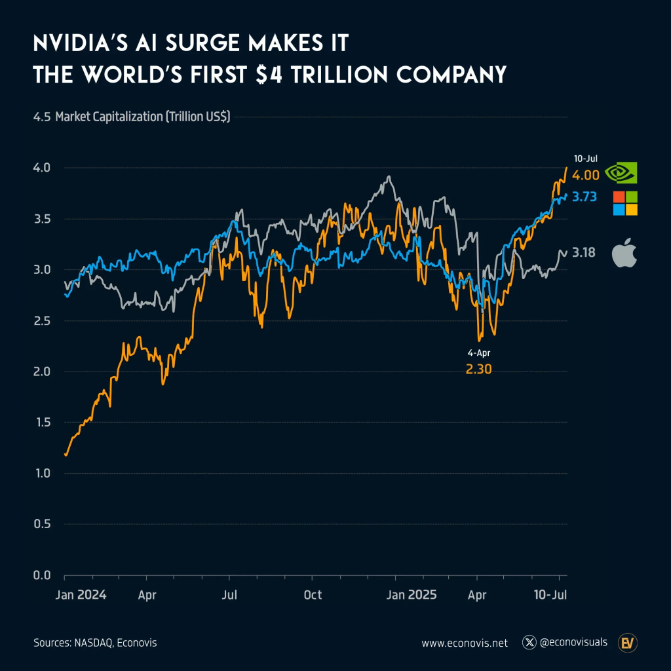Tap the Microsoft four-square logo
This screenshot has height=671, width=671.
625,203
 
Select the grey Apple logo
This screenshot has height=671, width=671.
624,254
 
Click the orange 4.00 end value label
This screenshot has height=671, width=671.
585,176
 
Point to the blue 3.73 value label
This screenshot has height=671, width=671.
584,197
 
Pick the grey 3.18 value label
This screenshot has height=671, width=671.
585,252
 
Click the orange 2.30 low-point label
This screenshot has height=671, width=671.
478,370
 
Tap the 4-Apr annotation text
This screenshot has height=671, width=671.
478,353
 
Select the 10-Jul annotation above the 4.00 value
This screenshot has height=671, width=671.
586,158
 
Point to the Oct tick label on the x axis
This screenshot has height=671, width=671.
313,595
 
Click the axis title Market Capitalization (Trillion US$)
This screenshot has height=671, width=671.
143,117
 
